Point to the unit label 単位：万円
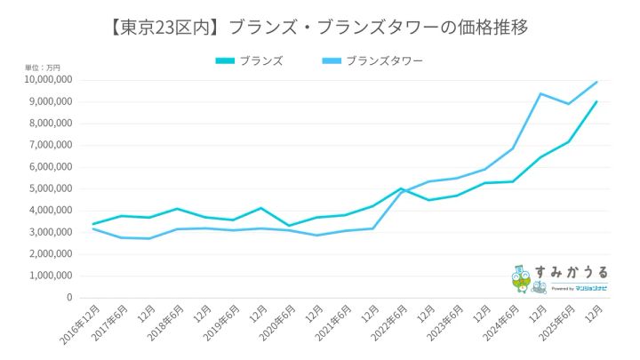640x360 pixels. click(x=43, y=68)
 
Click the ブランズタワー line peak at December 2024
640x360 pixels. click(x=540, y=93)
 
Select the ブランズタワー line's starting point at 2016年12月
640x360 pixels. click(x=92, y=228)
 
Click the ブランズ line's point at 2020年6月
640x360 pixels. click(x=288, y=226)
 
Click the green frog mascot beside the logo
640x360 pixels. click(x=521, y=279)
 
